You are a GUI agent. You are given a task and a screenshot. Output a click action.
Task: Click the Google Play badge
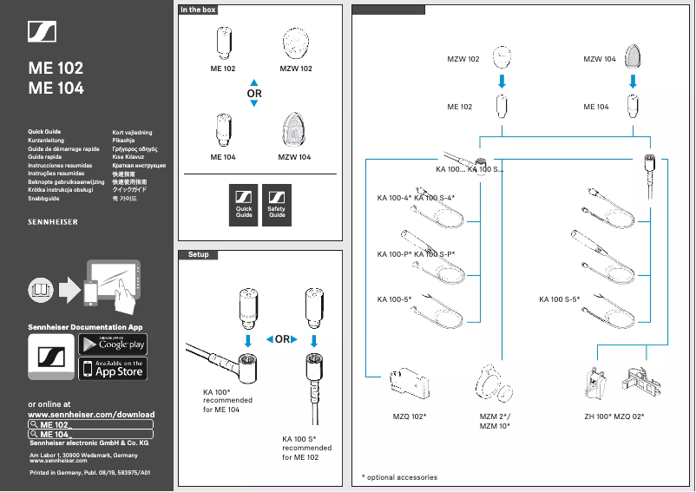tap(113, 344)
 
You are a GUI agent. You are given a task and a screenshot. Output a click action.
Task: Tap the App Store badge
tap(113, 369)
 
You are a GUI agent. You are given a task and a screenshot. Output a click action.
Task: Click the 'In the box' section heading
tap(198, 10)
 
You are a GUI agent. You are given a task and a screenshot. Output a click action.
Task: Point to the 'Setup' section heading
tap(198, 254)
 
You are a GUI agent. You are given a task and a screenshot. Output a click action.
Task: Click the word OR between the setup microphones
tap(282, 339)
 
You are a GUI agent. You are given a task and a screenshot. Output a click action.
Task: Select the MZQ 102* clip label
tap(410, 417)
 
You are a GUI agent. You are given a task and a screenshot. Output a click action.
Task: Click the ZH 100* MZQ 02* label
tap(614, 417)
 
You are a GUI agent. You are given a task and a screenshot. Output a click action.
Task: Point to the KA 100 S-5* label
tap(559, 299)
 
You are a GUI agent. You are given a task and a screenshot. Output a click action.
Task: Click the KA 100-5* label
tap(394, 299)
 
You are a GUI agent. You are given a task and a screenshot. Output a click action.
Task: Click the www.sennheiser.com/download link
tap(91, 415)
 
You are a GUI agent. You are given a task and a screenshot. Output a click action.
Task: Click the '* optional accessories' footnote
tap(399, 477)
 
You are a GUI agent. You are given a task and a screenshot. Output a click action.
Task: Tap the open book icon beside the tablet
tap(40, 286)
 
